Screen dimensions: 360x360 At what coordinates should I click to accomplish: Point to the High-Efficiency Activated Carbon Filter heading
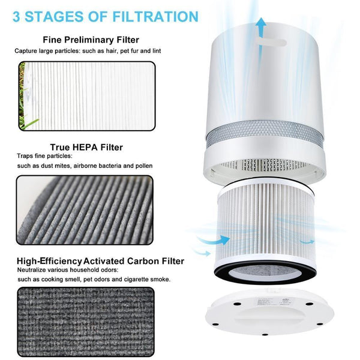pyautogui.click(x=100, y=261)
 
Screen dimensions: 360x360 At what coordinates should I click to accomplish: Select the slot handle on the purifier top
pyautogui.click(x=265, y=42)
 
